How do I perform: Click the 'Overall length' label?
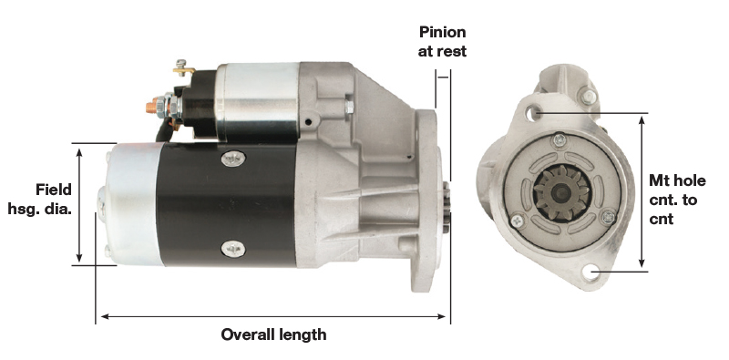[273, 334]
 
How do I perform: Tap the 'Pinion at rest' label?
[442, 41]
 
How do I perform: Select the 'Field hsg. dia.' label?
[40, 199]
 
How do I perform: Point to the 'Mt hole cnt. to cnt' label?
[677, 200]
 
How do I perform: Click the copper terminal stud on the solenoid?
[151, 108]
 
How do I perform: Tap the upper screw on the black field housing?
[233, 159]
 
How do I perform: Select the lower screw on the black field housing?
[233, 250]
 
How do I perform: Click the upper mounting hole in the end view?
[533, 112]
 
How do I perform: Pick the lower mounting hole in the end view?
[590, 272]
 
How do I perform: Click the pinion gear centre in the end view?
[561, 192]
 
